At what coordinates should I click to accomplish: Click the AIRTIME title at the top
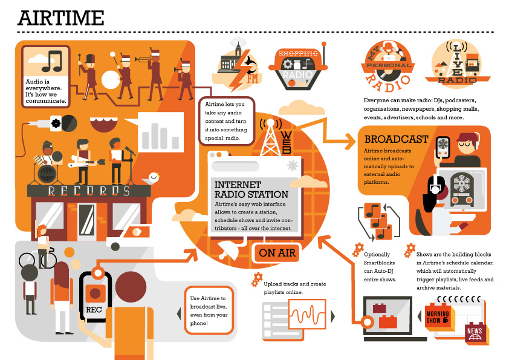[x=60, y=18]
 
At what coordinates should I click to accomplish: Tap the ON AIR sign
[x=278, y=253]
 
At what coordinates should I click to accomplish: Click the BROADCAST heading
[x=397, y=139]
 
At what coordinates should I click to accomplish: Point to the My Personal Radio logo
[x=389, y=64]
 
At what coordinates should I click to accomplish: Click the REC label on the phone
[x=94, y=310]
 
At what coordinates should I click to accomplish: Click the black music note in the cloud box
[x=51, y=60]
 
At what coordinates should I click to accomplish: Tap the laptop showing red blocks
[x=387, y=315]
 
